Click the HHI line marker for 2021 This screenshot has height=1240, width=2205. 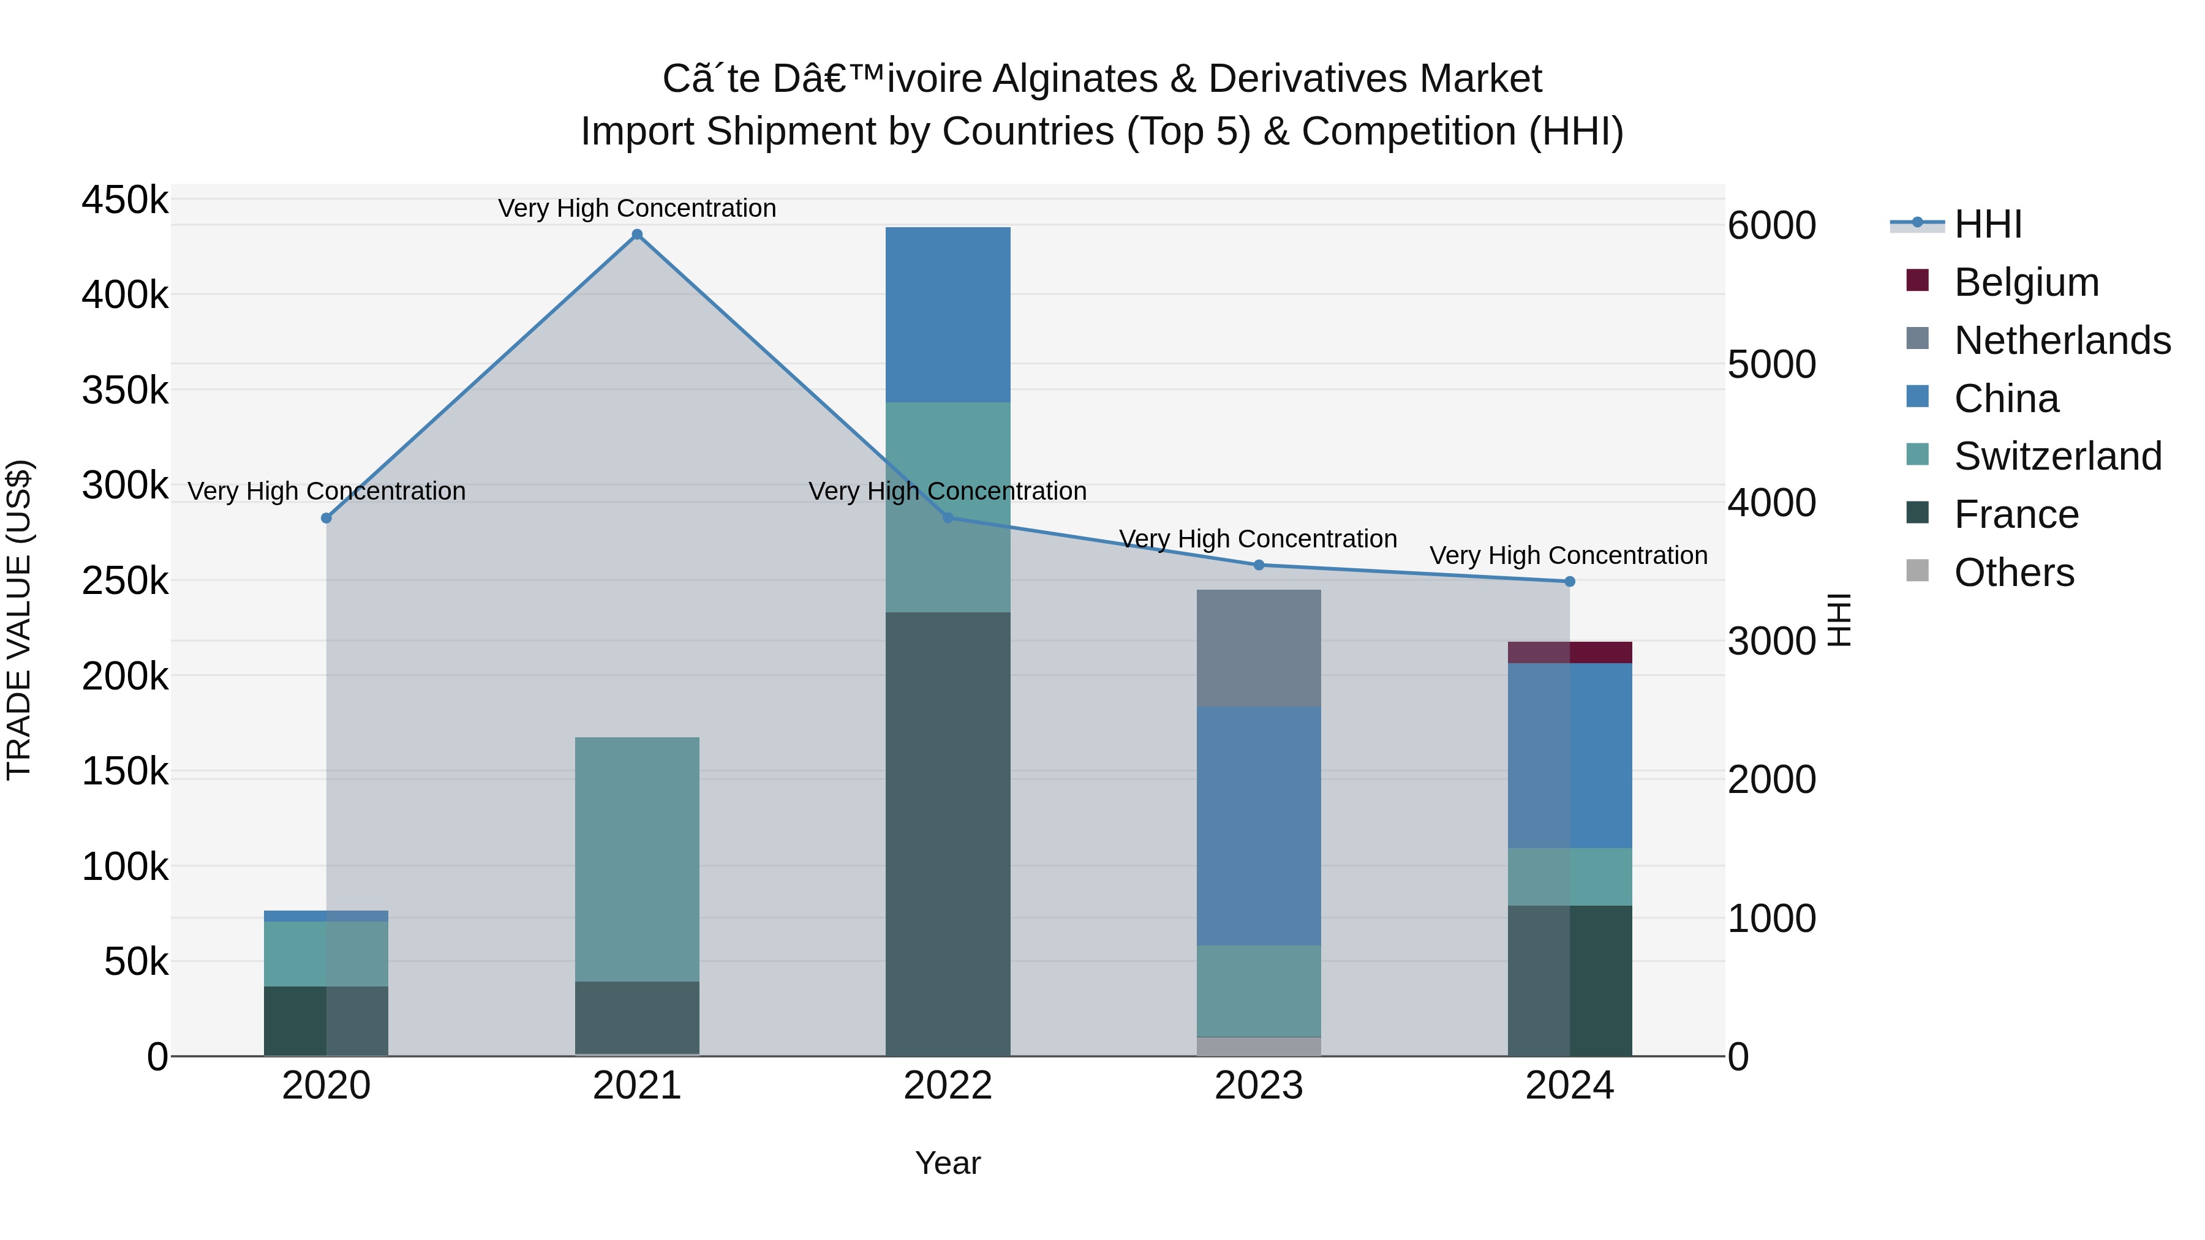637,235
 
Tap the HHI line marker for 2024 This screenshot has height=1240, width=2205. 1569,581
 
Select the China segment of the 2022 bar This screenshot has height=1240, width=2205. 948,314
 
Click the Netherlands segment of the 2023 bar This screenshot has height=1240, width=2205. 1258,648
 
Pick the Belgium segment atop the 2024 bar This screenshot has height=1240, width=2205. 1569,652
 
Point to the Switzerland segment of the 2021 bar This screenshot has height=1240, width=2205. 637,859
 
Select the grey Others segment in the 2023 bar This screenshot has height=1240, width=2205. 1258,1046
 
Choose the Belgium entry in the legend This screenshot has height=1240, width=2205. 2026,282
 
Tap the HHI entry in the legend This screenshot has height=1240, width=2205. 1988,224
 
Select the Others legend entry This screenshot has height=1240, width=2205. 2013,573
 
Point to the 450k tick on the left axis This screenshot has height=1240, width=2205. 125,200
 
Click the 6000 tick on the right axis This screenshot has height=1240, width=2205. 1771,225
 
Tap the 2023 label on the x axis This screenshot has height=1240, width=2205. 1258,1086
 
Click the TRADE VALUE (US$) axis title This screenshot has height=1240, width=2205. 20,620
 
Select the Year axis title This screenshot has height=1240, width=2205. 948,1163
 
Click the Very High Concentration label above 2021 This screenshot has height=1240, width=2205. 637,208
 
